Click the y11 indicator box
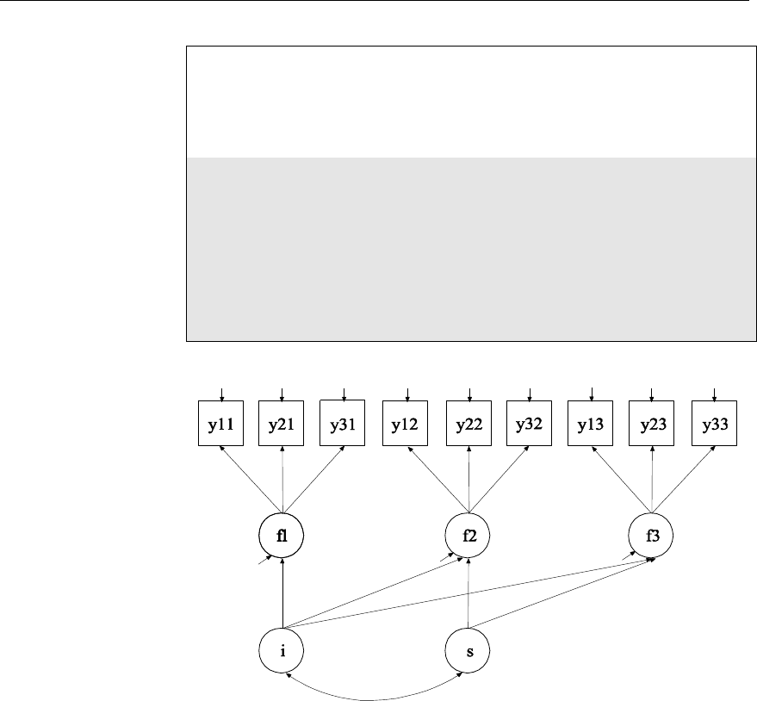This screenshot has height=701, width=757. pos(222,424)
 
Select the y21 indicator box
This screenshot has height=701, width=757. pos(282,424)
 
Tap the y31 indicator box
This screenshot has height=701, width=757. pos(343,424)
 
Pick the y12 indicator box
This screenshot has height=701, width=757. pos(406,424)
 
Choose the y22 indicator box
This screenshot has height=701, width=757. pos(468,424)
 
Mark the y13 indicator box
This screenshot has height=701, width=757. pos(591,424)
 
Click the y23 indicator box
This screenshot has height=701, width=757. pos(651,424)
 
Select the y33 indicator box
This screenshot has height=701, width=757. pos(714,424)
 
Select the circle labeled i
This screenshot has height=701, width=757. pos(282,649)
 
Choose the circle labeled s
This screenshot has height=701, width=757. pos(468,649)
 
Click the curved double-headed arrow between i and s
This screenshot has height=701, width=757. pos(375,696)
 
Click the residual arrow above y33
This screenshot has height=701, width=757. pos(714,393)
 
